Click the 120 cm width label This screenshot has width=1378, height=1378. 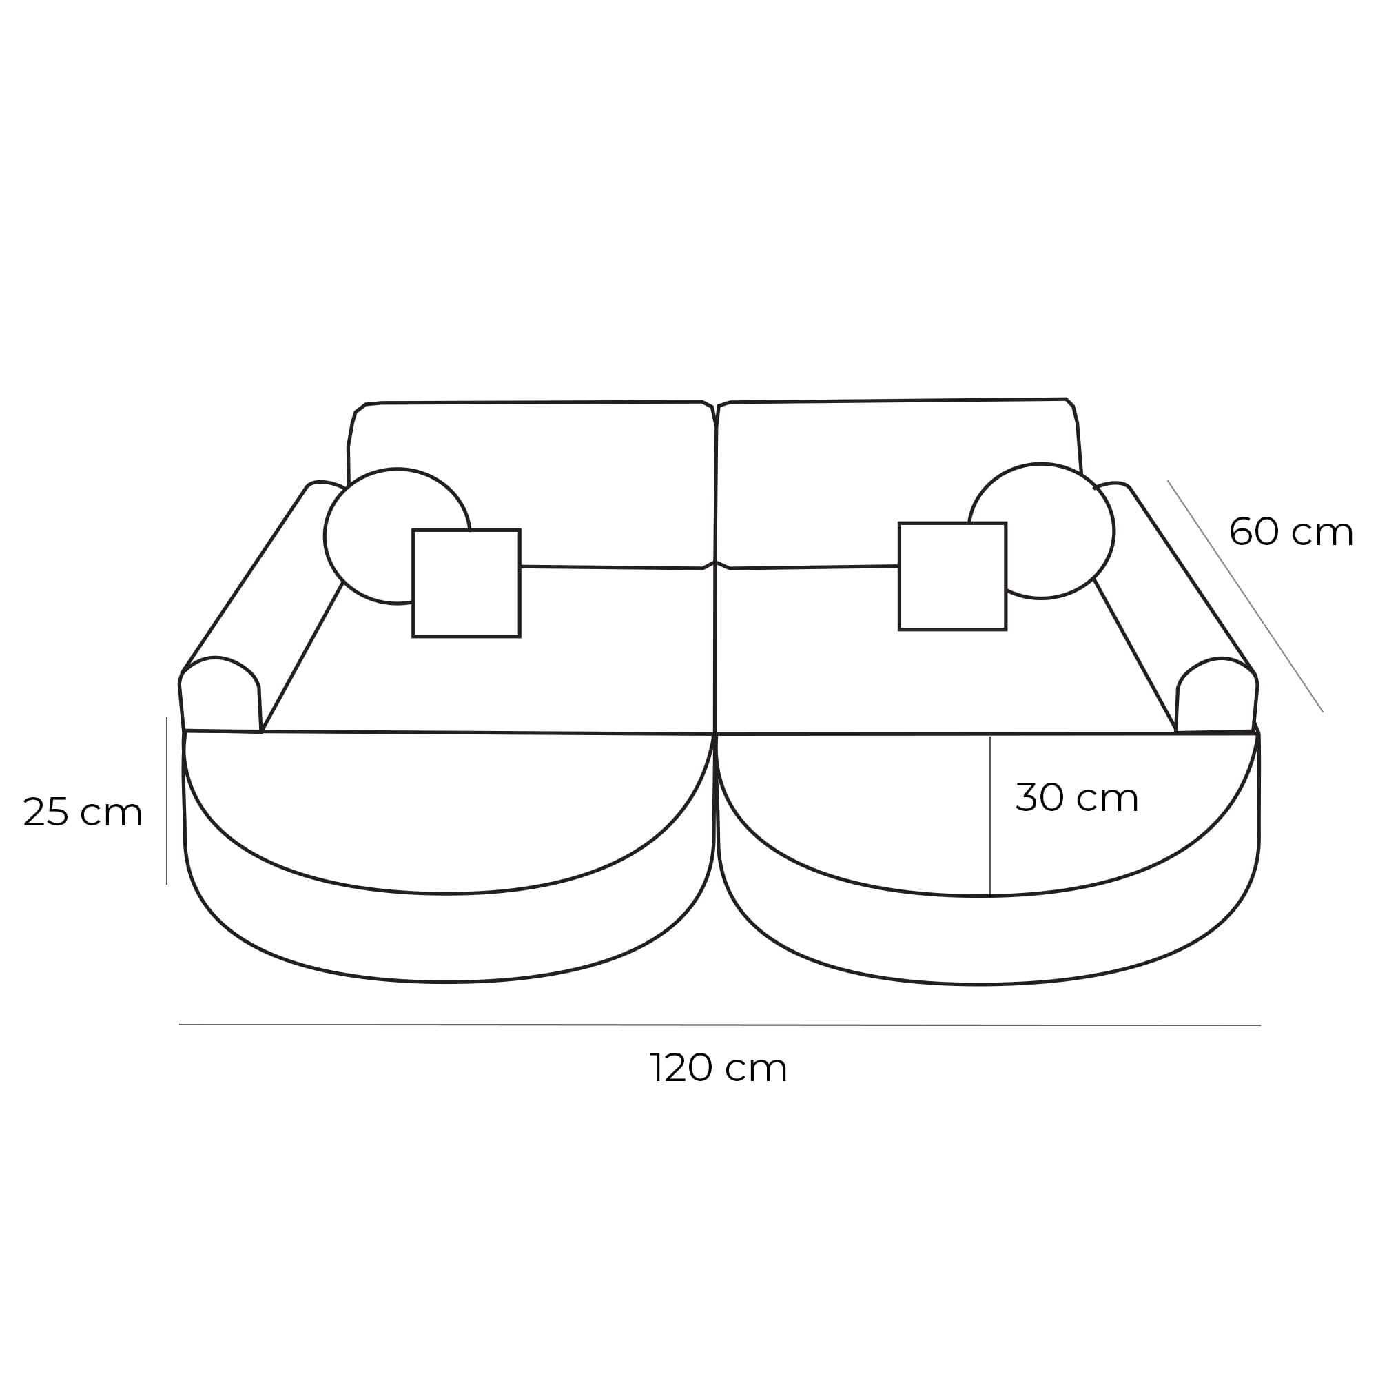[717, 1068]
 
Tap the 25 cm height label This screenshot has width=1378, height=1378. [83, 812]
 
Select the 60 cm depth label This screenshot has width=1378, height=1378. [1290, 532]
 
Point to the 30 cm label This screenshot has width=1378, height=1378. [1076, 797]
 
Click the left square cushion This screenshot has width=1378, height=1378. [466, 583]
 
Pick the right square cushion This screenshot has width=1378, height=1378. [952, 576]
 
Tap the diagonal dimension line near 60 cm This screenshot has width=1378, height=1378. [1244, 595]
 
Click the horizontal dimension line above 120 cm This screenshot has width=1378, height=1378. [719, 1025]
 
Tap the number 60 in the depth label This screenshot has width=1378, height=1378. [1253, 532]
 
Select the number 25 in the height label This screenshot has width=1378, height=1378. [45, 812]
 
